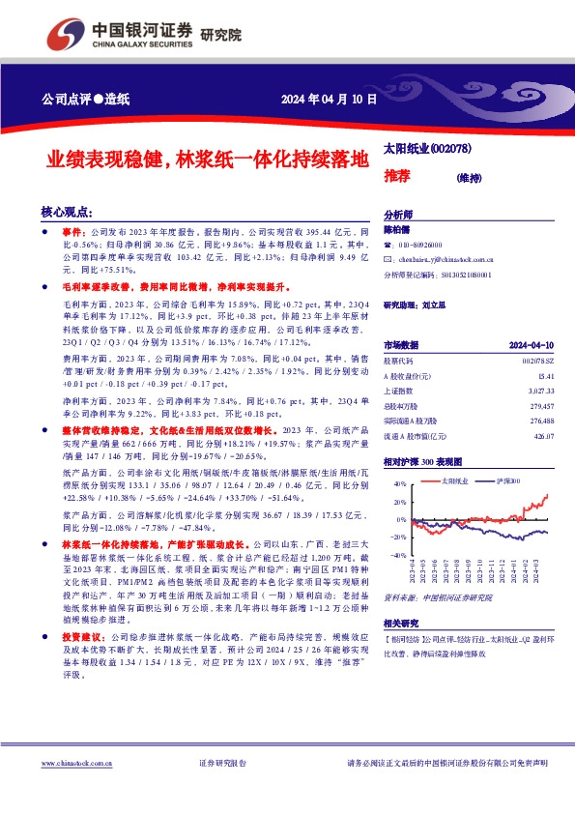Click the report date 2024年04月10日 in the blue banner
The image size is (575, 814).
click(x=329, y=100)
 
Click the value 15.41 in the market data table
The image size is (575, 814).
click(x=547, y=374)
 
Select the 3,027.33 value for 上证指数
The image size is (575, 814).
click(x=541, y=391)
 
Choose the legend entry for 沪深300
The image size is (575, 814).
click(x=507, y=480)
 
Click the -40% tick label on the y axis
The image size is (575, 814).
click(x=396, y=556)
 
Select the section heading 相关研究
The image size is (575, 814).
click(x=402, y=623)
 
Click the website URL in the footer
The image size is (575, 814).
click(x=72, y=764)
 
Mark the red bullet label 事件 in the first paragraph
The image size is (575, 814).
click(x=73, y=233)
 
